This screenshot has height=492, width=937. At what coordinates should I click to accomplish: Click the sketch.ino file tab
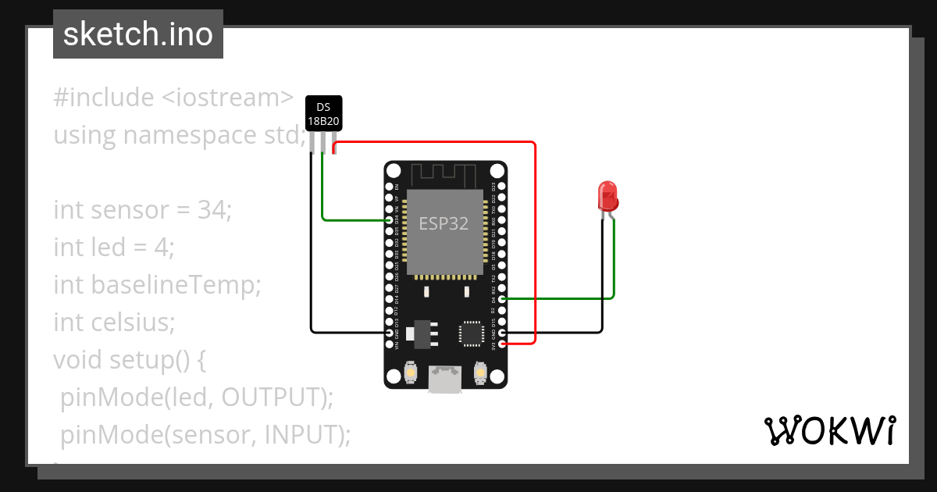pos(138,34)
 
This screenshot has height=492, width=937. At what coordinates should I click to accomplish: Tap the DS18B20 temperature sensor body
pos(322,114)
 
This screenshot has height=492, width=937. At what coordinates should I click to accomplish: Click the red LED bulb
pos(607,196)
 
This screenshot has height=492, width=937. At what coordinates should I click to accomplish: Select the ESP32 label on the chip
pos(444,223)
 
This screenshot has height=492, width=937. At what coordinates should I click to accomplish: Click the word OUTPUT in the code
pos(269,398)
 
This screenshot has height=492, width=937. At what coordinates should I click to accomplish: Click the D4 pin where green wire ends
pos(502,298)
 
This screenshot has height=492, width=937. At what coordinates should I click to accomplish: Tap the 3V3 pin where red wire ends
pos(502,344)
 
